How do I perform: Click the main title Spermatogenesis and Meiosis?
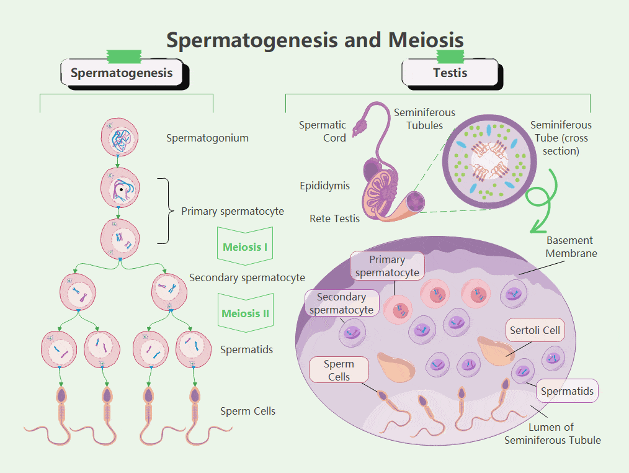click(x=314, y=40)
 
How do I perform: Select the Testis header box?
click(x=450, y=73)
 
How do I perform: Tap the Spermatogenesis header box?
click(x=122, y=73)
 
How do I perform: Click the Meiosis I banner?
click(x=245, y=247)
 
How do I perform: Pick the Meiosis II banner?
click(x=245, y=313)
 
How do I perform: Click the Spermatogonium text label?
click(x=207, y=138)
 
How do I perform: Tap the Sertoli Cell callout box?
click(x=535, y=330)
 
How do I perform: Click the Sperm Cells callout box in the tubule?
click(x=339, y=370)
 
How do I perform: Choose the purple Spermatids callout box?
click(x=567, y=391)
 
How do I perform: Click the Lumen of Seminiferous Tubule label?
click(x=552, y=433)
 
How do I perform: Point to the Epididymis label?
click(x=324, y=186)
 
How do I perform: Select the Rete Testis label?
click(x=334, y=218)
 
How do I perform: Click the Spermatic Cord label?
click(x=323, y=131)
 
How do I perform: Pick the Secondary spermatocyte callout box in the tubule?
click(x=341, y=304)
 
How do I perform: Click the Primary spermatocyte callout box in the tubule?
click(x=387, y=266)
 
